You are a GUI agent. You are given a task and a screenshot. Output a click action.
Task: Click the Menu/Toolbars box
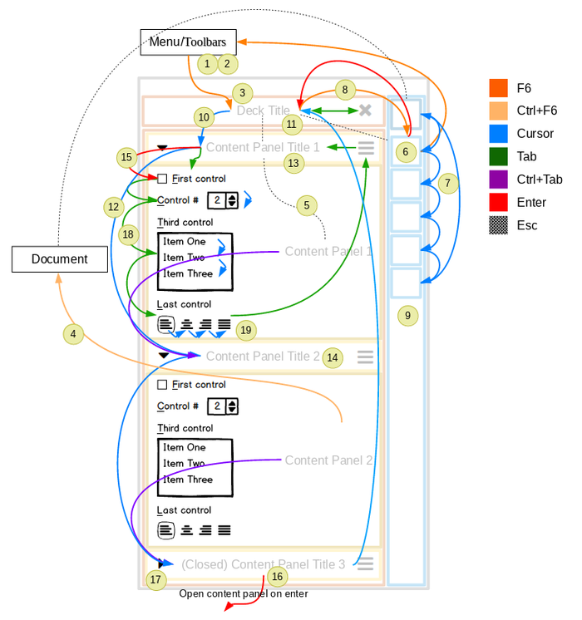click(188, 42)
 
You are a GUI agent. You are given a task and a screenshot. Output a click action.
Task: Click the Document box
click(60, 258)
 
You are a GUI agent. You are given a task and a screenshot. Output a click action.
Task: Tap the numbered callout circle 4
click(73, 334)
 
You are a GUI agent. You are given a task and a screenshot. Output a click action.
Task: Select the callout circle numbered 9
click(407, 315)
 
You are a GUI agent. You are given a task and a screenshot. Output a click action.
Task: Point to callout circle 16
click(277, 576)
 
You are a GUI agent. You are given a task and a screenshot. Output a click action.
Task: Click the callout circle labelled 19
click(245, 330)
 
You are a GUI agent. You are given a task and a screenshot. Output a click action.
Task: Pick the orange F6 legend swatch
click(498, 88)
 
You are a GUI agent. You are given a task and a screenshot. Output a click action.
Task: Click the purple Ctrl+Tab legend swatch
click(498, 180)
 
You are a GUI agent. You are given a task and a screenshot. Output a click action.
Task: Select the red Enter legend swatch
click(498, 202)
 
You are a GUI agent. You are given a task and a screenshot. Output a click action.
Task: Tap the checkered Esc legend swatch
click(498, 225)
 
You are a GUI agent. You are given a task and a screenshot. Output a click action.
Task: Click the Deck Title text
click(263, 111)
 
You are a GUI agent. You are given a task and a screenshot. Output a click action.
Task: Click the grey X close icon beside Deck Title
click(365, 111)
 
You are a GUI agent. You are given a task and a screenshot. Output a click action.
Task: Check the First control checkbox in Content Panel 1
click(162, 179)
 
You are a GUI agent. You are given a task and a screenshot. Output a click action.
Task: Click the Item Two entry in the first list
click(184, 258)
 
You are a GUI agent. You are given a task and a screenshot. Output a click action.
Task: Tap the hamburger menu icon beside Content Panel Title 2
click(365, 357)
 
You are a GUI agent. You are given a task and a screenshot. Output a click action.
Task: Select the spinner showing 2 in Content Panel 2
click(222, 406)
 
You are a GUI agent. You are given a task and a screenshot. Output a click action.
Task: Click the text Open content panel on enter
click(243, 593)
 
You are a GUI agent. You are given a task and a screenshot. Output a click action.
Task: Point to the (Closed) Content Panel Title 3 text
click(263, 564)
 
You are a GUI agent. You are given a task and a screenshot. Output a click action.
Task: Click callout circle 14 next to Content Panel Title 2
click(333, 357)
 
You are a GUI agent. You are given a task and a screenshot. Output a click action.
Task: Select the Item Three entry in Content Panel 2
click(188, 480)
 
